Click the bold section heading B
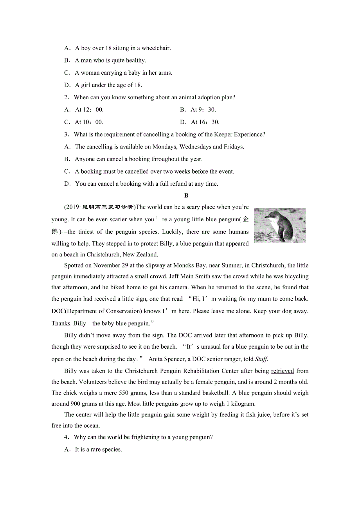coord(186,195)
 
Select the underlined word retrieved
coord(282,371)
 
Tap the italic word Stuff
coord(261,359)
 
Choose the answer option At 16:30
coord(205,122)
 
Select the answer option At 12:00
coord(89,110)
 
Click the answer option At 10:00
coord(89,122)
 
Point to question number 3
coord(67,134)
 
